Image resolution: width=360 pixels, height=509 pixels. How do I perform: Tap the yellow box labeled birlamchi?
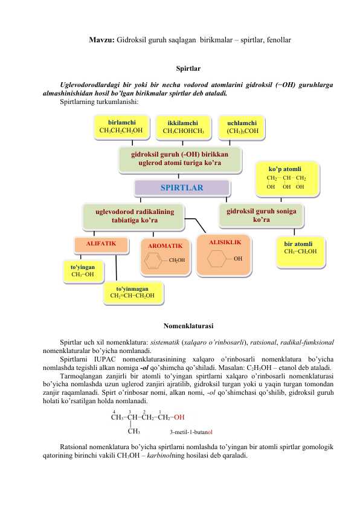pos(121,126)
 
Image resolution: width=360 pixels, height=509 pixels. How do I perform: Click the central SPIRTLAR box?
pos(182,188)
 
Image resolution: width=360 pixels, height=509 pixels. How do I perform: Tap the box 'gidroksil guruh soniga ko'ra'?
pos(261,216)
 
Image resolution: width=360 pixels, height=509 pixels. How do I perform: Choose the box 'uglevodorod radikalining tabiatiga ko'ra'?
pos(134,216)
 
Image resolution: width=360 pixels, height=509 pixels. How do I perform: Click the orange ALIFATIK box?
pos(101,245)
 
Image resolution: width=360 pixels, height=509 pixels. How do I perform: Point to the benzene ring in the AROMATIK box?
pos(153,261)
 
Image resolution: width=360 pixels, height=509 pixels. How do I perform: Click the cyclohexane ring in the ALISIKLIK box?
pos(216,259)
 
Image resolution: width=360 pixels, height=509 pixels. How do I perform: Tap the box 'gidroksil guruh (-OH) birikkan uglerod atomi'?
pos(179,158)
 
